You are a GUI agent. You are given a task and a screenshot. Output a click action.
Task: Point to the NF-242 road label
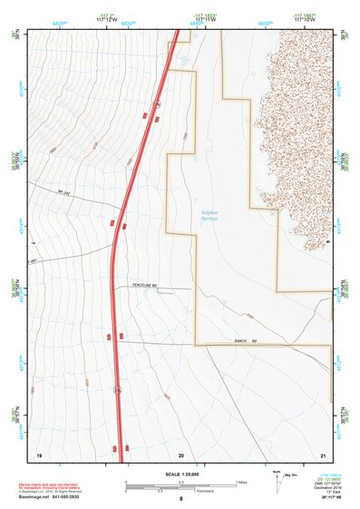click(x=63, y=191)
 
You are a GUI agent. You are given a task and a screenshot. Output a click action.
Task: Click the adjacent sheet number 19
click(x=39, y=454)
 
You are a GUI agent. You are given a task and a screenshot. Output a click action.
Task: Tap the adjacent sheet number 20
click(x=180, y=454)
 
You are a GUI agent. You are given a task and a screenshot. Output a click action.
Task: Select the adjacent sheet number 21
click(x=322, y=454)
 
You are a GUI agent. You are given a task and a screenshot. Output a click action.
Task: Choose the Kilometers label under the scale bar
click(x=181, y=493)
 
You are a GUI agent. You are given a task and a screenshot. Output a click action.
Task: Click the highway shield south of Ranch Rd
click(x=117, y=391)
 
